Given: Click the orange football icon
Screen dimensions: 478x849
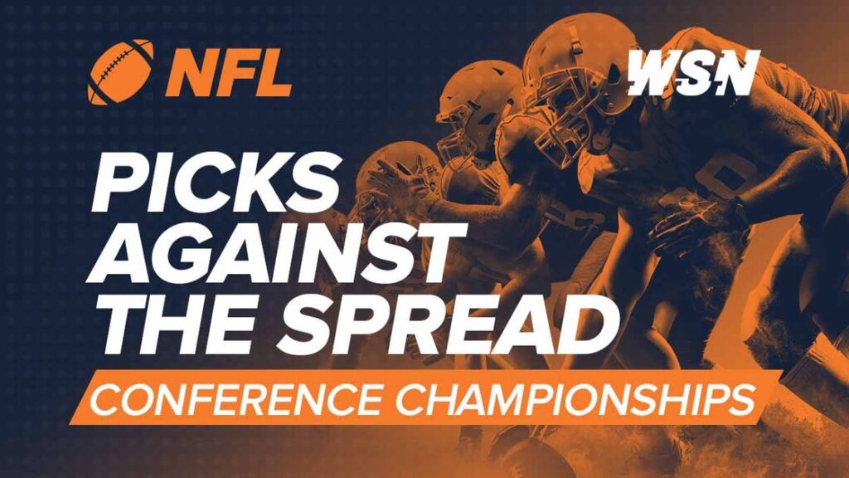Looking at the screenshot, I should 120,71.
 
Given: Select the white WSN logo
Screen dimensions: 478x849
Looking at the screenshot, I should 692,73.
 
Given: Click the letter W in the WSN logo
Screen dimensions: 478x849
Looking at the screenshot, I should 653,73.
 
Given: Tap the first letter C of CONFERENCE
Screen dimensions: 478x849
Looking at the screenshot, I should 107,400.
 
